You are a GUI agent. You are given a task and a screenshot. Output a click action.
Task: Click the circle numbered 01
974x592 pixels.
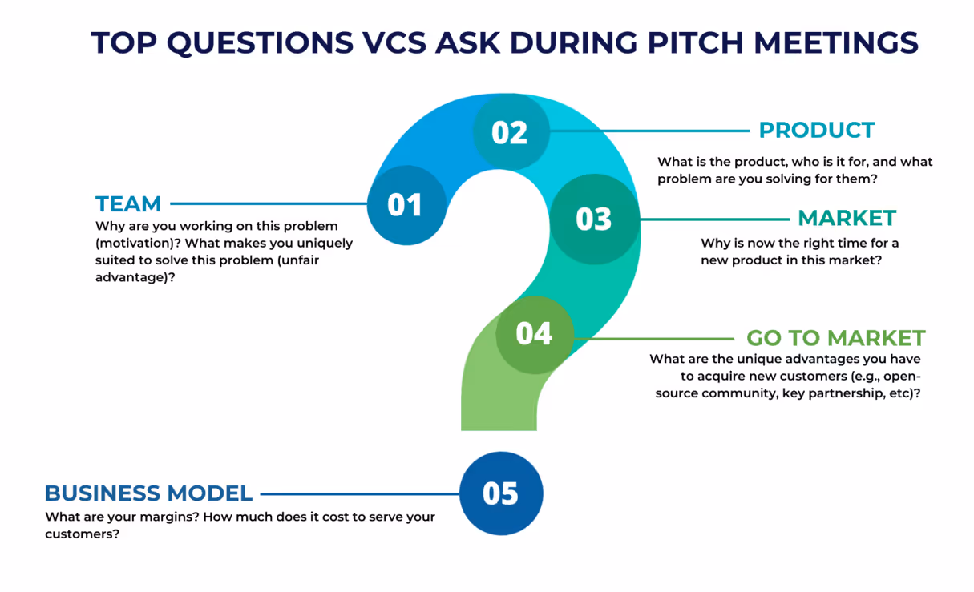tap(406, 204)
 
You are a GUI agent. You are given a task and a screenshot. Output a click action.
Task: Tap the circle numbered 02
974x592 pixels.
tap(511, 131)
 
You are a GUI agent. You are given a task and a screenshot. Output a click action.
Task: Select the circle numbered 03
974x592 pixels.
tap(594, 219)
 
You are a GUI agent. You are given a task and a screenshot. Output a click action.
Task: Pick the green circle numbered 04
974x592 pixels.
tap(535, 333)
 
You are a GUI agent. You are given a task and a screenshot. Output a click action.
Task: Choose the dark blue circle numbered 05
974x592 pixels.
tap(501, 493)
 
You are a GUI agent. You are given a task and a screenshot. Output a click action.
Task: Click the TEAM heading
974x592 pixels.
tap(128, 203)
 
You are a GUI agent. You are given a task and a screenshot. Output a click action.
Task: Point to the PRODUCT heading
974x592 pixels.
tap(816, 131)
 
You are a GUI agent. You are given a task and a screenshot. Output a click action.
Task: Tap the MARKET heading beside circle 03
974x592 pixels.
tap(847, 218)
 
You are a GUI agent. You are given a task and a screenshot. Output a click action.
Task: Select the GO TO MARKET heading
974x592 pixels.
tap(835, 338)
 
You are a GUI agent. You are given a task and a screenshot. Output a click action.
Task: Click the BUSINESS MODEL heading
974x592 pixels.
tap(148, 493)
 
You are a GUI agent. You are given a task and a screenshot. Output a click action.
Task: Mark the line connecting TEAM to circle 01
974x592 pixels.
tap(269, 204)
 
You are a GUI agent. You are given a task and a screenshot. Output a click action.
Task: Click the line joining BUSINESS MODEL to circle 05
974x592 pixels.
tap(359, 494)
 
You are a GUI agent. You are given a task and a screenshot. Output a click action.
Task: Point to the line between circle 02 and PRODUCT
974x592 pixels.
tap(649, 131)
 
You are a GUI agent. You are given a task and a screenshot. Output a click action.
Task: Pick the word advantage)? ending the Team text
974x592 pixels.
tap(135, 276)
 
